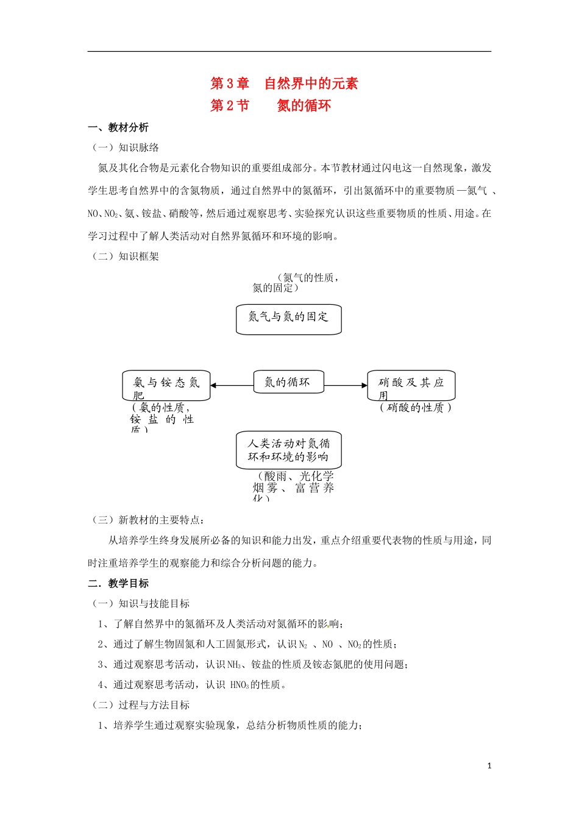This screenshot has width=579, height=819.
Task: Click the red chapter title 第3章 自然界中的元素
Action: (x=284, y=83)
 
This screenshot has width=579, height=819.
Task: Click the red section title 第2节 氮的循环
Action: (x=271, y=105)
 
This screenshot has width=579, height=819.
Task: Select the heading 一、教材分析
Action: (x=118, y=127)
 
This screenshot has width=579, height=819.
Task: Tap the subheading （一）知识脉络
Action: (x=126, y=147)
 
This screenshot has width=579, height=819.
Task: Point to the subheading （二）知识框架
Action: (x=126, y=257)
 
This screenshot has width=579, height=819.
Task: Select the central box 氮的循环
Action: (x=288, y=382)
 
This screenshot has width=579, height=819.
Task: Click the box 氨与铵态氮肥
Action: (x=166, y=385)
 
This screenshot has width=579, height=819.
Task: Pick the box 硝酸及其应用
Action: (x=411, y=385)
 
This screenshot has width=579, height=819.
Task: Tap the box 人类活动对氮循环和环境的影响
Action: (x=288, y=450)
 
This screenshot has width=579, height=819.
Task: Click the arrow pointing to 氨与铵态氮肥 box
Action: (x=232, y=385)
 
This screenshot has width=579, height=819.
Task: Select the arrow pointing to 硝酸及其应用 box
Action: (x=346, y=385)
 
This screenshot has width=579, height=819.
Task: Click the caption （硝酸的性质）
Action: (x=415, y=408)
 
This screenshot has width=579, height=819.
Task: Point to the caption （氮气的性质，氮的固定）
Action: (x=296, y=283)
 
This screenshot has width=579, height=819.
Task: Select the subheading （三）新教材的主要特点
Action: (x=147, y=520)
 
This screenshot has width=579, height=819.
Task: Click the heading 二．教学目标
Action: (x=118, y=583)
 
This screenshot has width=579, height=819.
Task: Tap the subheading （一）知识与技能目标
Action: (x=141, y=603)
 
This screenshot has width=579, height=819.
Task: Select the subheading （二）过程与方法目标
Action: (x=141, y=705)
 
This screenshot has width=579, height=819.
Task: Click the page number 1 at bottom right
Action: (x=489, y=766)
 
